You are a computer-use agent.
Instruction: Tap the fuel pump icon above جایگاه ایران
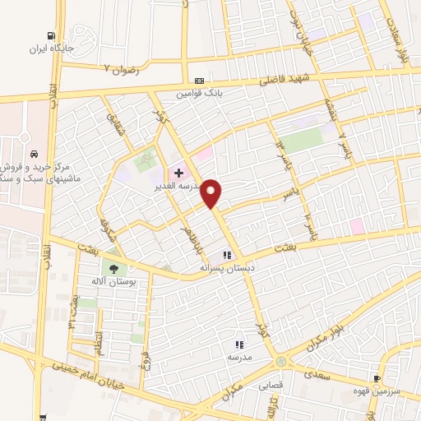pos(52,37)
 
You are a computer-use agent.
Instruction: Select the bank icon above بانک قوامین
pos(200,81)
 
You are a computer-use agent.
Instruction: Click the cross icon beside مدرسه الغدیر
pos(178,173)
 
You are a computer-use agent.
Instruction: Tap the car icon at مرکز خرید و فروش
pos(31,155)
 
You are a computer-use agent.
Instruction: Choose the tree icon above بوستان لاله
pos(113,268)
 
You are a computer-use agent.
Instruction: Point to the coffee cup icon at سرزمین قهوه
pos(377,379)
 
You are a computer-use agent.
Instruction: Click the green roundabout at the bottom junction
pos(282,362)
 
